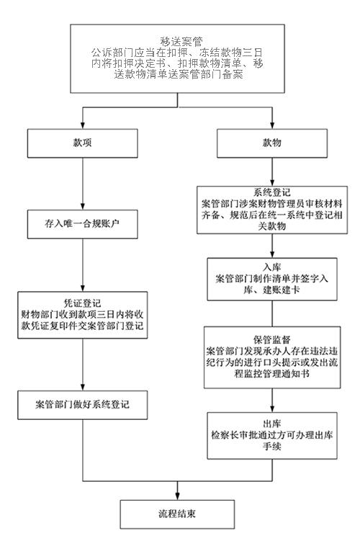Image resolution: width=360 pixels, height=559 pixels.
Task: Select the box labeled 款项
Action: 82,143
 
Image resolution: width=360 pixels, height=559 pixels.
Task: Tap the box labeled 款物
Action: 272,143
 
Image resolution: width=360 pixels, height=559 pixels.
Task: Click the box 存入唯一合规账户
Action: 82,224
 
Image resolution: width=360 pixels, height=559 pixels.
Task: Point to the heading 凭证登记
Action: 82,303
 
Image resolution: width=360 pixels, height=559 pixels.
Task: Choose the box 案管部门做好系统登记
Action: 82,405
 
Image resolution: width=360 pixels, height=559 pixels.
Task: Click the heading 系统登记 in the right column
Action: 272,192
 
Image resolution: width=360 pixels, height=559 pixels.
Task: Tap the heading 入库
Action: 272,267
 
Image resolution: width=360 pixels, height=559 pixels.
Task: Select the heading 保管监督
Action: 272,339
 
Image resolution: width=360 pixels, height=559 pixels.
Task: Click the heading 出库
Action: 272,424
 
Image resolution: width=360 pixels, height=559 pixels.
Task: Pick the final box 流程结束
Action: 177,514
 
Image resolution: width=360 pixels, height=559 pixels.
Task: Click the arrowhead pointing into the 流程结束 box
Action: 177,496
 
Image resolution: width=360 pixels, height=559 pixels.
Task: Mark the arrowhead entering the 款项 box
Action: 82,125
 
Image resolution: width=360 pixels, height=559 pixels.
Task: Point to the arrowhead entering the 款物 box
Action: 272,125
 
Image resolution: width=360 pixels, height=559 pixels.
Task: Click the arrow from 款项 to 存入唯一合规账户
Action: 82,184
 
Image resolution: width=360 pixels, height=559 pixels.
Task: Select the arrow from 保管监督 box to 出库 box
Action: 272,401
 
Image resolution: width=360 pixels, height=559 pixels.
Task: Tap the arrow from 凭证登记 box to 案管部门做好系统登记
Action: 82,365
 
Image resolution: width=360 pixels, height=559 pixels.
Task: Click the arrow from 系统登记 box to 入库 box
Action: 272,246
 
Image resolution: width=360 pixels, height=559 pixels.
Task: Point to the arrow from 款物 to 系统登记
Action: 272,172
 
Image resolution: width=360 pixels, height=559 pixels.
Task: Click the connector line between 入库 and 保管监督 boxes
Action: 272,313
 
